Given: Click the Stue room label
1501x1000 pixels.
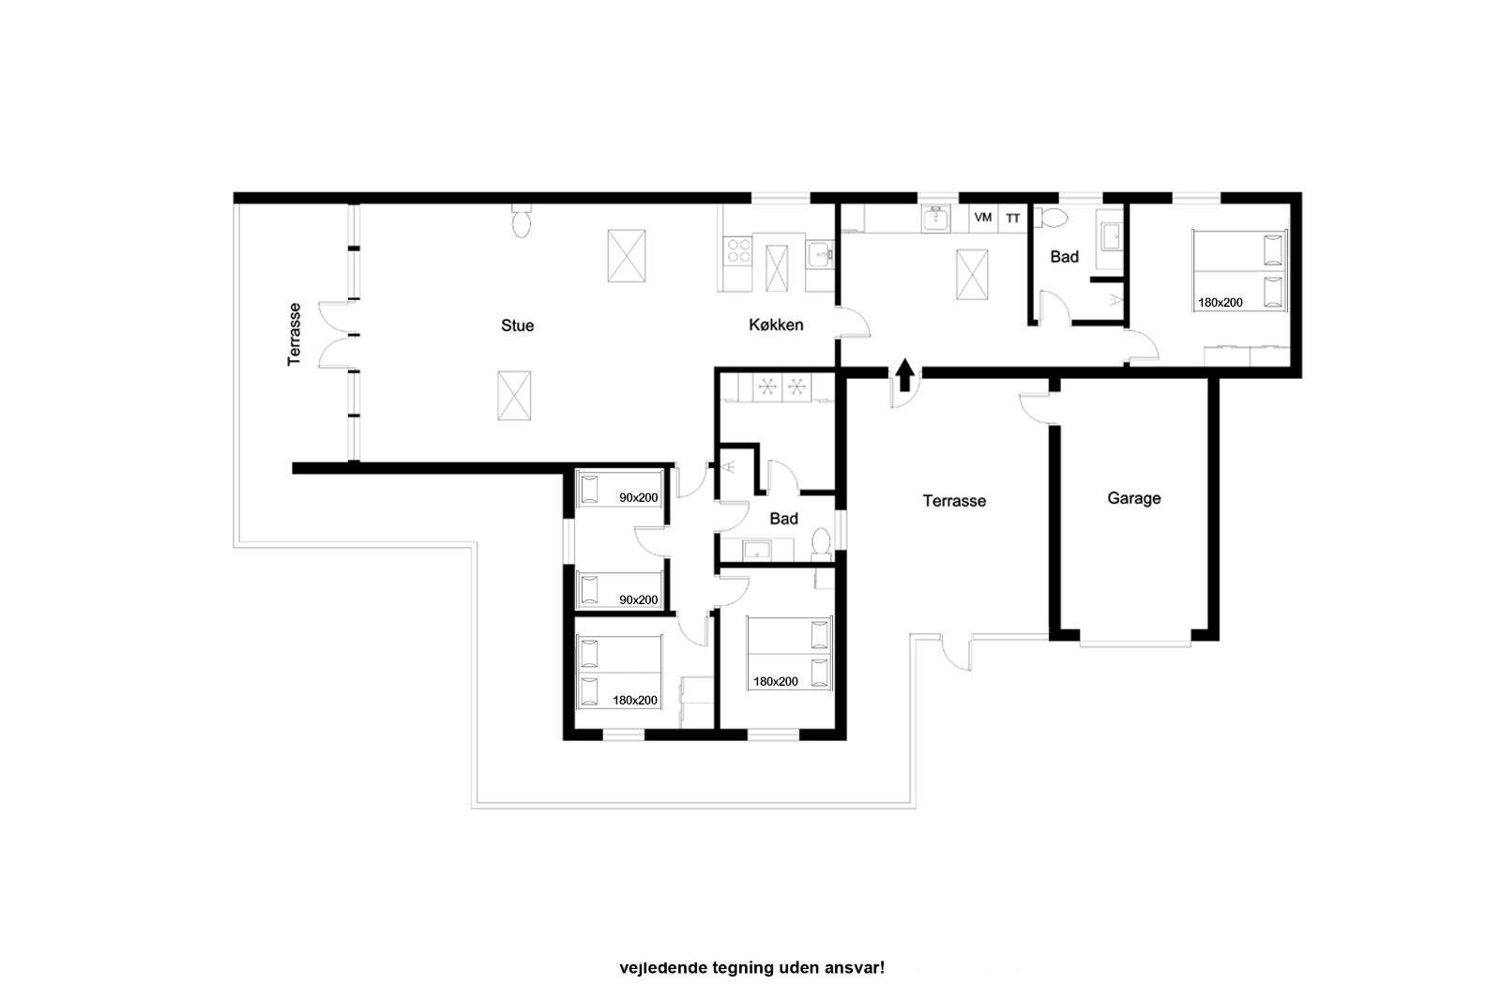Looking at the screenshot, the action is click(517, 326).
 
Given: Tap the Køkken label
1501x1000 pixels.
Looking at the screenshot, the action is click(776, 326).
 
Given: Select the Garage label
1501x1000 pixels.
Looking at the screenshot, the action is click(1134, 498).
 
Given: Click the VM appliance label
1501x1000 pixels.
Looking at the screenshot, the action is click(983, 217).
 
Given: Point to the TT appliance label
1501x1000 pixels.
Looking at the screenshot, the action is click(1012, 219).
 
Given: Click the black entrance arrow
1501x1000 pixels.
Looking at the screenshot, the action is click(905, 374).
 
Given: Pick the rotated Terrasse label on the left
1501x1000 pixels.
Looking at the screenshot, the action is click(294, 335).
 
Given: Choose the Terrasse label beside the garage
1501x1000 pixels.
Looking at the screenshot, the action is click(954, 501).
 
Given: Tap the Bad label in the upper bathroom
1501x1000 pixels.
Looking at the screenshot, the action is click(1064, 257).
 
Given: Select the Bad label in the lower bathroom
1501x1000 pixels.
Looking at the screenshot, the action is click(783, 519).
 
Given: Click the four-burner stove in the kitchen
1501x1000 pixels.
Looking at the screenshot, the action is click(738, 250).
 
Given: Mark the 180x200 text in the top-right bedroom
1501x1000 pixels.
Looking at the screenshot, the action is click(1221, 302).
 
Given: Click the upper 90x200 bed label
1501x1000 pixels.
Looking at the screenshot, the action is click(638, 497).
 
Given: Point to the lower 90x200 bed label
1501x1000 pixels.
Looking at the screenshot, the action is click(638, 599).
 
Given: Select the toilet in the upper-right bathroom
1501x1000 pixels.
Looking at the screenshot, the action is click(1052, 218).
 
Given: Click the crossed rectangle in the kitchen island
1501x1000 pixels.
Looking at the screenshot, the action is click(777, 268).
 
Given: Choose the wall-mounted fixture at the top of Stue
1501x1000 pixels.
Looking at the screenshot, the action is click(522, 220).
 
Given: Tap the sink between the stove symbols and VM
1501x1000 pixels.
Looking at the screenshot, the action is click(936, 220).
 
